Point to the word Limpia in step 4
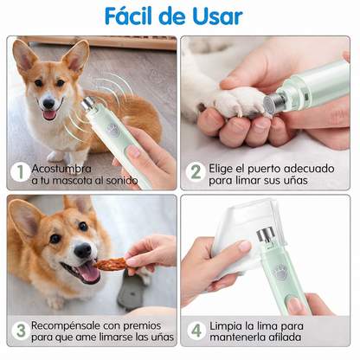227,324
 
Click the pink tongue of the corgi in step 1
49,113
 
